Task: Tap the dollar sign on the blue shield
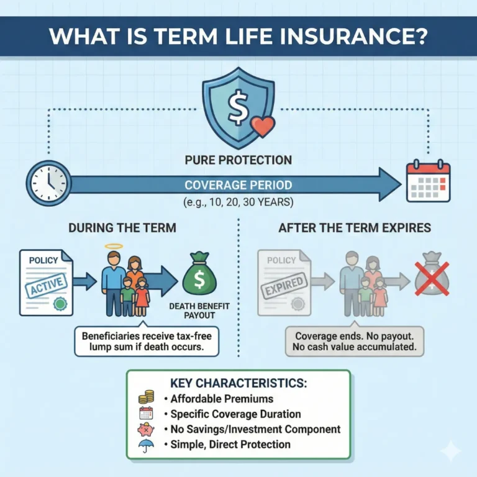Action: pyautogui.click(x=238, y=109)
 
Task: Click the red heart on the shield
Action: pyautogui.click(x=262, y=127)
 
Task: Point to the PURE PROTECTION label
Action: pyautogui.click(x=238, y=160)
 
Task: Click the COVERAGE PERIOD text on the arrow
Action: pyautogui.click(x=238, y=185)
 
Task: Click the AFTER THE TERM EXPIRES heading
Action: pyautogui.click(x=354, y=228)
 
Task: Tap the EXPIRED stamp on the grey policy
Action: pyautogui.click(x=284, y=285)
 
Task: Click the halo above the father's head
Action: pyautogui.click(x=114, y=246)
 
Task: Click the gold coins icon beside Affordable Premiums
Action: pyautogui.click(x=146, y=398)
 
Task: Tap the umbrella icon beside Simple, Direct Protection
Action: pyautogui.click(x=146, y=445)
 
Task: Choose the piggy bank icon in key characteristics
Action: pyautogui.click(x=146, y=429)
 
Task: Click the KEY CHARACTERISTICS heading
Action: pyautogui.click(x=238, y=383)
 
